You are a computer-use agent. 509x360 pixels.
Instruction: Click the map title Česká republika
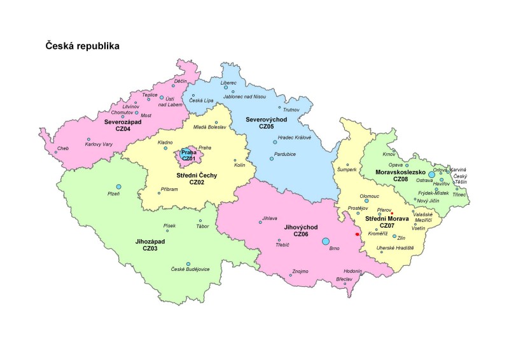pos(82,46)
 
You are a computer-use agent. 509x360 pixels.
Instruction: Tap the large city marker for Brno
pos(326,241)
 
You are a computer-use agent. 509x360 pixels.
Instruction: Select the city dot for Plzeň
pos(118,186)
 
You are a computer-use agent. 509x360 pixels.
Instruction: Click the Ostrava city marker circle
pos(432,173)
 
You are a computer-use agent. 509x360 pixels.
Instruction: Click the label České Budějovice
pos(190,270)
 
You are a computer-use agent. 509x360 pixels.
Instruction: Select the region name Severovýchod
pos(266,119)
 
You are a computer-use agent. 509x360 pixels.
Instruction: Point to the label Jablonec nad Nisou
pos(244,97)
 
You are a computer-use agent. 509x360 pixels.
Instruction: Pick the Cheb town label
pos(62,148)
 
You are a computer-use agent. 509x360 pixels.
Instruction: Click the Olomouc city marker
pos(366,200)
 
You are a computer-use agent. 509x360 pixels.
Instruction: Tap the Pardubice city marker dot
pos(272,158)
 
